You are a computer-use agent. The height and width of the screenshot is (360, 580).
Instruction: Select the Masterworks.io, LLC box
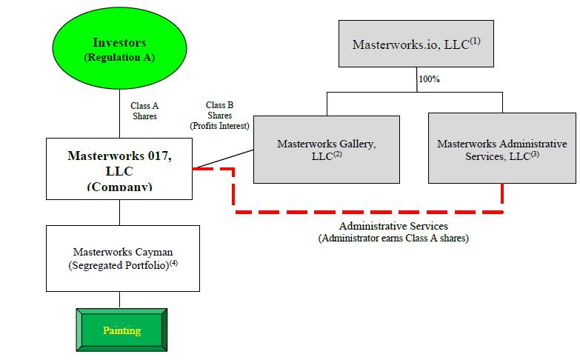point(416,45)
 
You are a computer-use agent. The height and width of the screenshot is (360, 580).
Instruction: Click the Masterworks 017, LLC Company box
point(119,168)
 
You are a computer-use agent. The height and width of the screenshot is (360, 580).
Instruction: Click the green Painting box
point(121,330)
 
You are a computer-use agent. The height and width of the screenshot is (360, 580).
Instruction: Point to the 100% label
point(429,79)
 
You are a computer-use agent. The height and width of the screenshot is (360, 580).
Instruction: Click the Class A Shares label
point(144,111)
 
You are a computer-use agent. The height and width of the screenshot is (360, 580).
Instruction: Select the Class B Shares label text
point(219,110)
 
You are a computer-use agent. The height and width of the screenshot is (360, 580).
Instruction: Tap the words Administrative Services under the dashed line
point(393,226)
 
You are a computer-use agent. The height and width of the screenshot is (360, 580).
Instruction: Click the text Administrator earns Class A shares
point(393,238)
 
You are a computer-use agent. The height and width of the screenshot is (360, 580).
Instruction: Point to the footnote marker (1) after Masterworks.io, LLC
point(475,41)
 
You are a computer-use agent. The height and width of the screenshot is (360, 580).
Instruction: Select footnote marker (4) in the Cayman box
point(173,261)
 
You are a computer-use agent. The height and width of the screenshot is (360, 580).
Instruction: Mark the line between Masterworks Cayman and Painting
point(119,299)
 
